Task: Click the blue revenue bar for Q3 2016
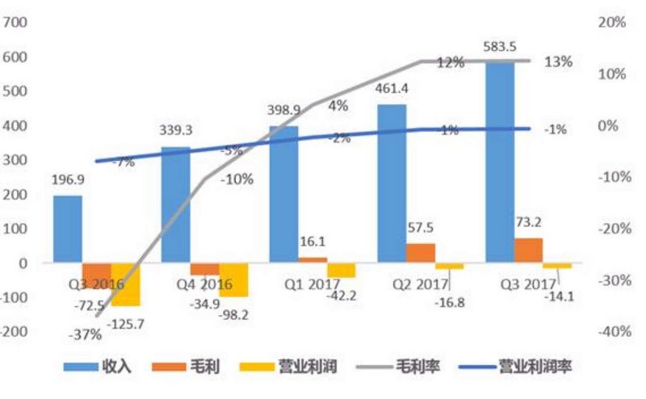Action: point(68,229)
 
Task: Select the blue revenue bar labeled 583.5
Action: point(501,162)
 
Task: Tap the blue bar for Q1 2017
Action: point(284,194)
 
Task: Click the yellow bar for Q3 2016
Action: point(125,284)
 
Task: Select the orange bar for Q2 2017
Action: point(421,254)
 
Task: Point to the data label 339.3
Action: point(177,130)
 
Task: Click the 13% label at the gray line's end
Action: point(558,61)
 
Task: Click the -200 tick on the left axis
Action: point(15,332)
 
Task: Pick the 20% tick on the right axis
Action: point(611,23)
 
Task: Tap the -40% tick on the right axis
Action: point(610,332)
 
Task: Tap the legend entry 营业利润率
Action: point(524,366)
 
